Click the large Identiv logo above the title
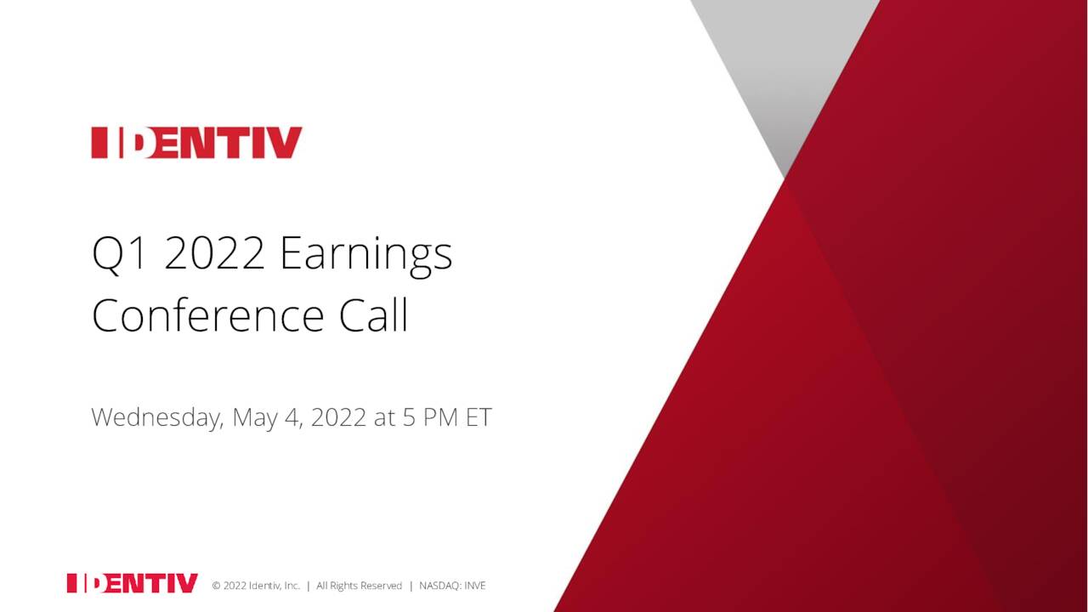pyautogui.click(x=196, y=143)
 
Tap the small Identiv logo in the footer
pyautogui.click(x=132, y=583)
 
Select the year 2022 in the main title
pyautogui.click(x=214, y=253)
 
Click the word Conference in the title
pyautogui.click(x=207, y=315)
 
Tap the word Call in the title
pyautogui.click(x=374, y=315)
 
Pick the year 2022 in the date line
pyautogui.click(x=338, y=417)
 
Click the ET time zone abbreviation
pyautogui.click(x=479, y=417)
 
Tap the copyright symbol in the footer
pyautogui.click(x=216, y=586)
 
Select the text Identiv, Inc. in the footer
pyautogui.click(x=274, y=586)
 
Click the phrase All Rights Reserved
pyautogui.click(x=359, y=586)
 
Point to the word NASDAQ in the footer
pyautogui.click(x=439, y=586)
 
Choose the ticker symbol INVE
pyautogui.click(x=474, y=586)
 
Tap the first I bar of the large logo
pyautogui.click(x=98, y=143)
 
